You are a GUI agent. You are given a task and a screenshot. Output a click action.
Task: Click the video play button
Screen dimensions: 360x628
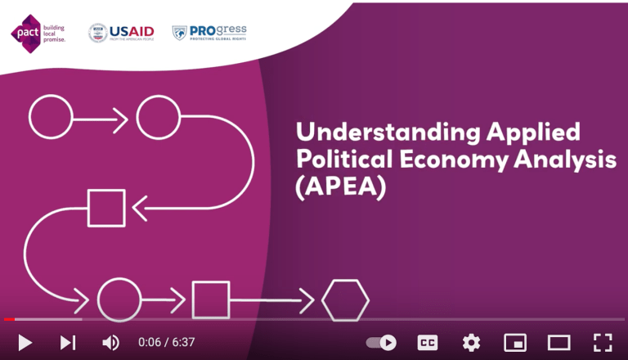[25, 343]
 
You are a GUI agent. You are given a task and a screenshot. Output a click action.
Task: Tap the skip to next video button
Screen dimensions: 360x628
[68, 343]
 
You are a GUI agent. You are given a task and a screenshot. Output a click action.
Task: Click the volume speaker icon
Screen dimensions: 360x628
[110, 343]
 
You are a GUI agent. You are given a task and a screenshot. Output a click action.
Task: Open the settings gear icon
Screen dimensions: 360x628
[471, 342]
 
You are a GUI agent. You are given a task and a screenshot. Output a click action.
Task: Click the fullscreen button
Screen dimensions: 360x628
[602, 342]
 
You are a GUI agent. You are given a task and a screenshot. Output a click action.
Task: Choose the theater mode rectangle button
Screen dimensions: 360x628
[558, 342]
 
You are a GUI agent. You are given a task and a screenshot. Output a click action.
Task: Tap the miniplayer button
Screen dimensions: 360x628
[515, 342]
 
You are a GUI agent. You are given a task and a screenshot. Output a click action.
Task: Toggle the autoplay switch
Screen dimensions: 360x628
[381, 342]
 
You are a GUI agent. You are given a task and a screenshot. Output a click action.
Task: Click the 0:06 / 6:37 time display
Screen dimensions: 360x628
[166, 343]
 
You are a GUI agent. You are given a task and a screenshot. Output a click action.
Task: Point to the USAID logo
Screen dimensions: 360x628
[121, 33]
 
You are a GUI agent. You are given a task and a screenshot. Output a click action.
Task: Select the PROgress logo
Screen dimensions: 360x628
[209, 33]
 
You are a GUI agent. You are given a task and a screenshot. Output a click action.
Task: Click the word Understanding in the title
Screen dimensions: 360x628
[369, 133]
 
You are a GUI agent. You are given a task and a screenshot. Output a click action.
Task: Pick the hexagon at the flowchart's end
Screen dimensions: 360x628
[345, 300]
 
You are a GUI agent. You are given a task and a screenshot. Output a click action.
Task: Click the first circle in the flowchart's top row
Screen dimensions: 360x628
[51, 118]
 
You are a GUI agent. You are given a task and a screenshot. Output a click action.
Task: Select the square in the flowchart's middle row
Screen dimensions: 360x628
[106, 208]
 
